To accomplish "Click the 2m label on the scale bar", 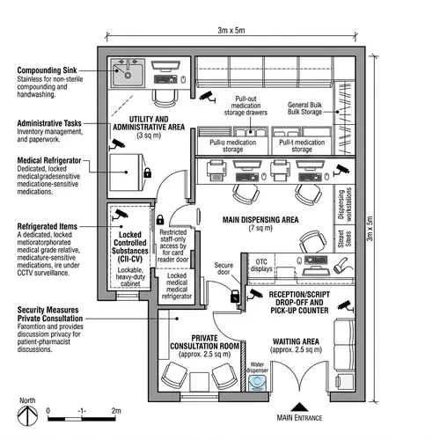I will pos(115,411).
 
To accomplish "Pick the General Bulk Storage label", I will pos(312,109).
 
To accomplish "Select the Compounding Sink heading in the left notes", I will pos(48,70).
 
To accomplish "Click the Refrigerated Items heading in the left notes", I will pos(48,226).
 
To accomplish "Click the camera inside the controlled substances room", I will pos(120,214).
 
